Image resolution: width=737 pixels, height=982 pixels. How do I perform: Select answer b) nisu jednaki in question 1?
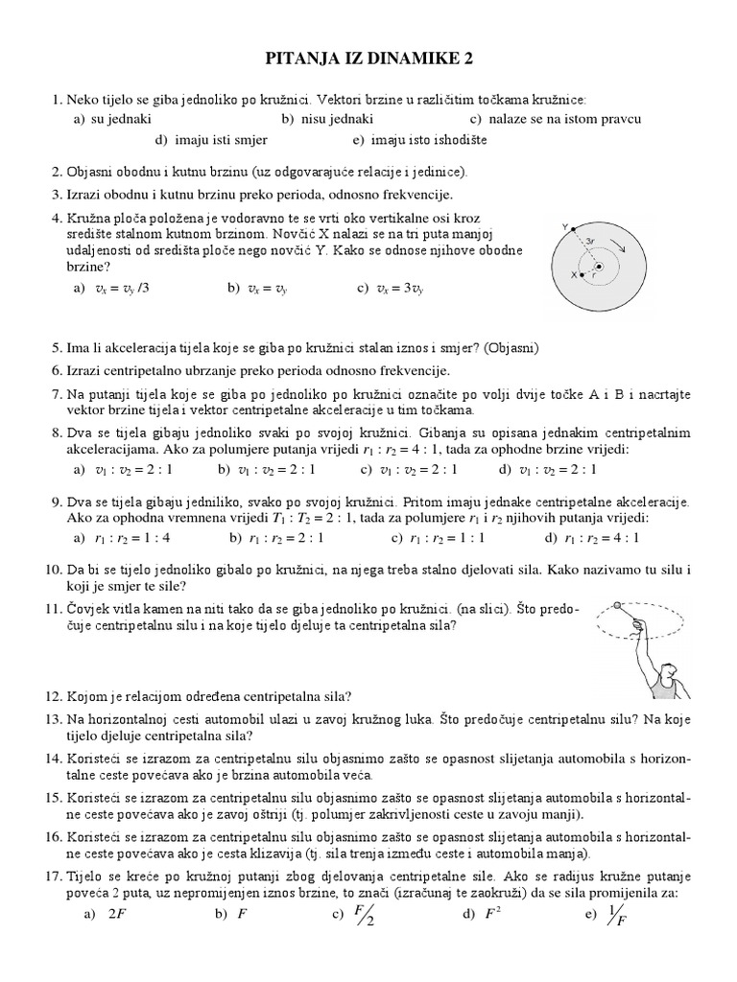coord(327,119)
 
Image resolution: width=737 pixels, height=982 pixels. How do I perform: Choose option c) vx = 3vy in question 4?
coord(390,287)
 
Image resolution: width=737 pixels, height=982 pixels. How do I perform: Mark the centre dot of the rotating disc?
coord(598,267)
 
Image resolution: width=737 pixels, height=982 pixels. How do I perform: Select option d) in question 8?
coord(548,469)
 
